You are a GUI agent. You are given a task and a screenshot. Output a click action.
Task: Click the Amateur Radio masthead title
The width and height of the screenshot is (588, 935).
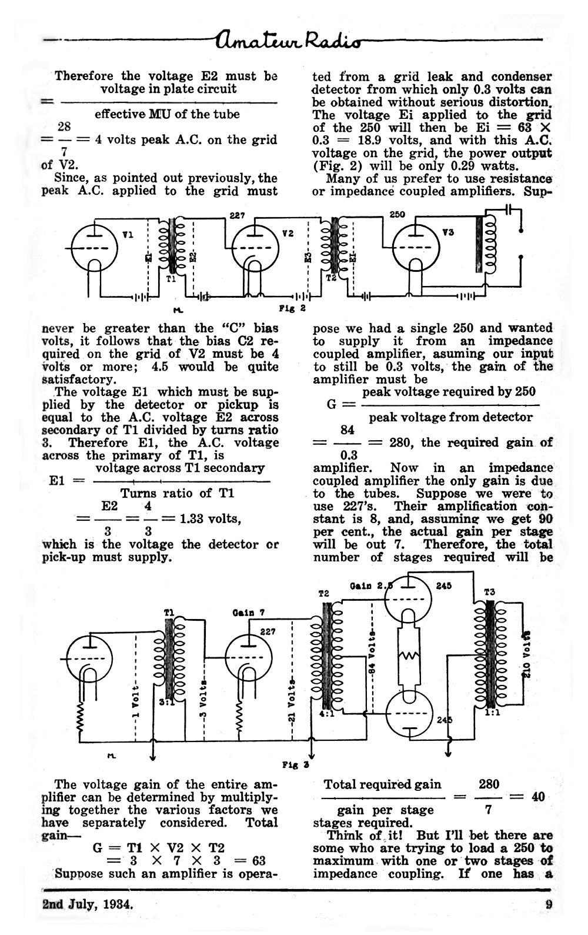pos(288,40)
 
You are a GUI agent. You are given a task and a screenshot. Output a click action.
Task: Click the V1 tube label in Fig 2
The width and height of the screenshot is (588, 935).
pos(128,235)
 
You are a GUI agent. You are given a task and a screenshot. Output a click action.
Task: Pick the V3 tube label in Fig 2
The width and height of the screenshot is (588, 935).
pos(448,232)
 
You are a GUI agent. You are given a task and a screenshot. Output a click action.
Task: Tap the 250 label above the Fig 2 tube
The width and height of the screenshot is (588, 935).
pos(397,215)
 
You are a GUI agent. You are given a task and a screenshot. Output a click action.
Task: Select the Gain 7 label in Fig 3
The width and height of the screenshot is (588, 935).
pos(249,613)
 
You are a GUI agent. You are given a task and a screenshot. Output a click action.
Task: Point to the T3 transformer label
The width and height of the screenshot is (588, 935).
pos(490,593)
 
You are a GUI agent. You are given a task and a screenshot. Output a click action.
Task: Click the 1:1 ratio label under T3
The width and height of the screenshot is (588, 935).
pos(493,713)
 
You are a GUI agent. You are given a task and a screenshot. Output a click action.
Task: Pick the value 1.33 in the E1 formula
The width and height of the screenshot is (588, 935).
pos(192,519)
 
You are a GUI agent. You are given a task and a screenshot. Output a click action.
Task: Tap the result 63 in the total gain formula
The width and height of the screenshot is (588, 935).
pos(259,861)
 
